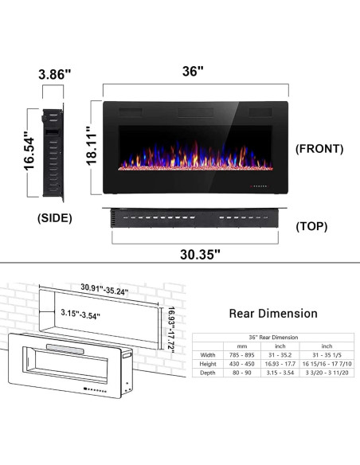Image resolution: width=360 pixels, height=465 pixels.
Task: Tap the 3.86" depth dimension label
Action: click(54, 74)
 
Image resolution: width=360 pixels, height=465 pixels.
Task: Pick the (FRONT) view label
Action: click(319, 148)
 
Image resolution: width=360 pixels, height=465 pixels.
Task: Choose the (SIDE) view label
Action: click(55, 217)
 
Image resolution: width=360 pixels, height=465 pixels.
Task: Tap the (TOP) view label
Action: click(311, 226)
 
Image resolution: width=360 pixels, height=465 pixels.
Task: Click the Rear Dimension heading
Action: click(272, 314)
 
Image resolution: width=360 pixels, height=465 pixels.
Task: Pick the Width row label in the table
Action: click(208, 355)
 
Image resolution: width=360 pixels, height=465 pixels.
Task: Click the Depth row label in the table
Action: click(208, 373)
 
